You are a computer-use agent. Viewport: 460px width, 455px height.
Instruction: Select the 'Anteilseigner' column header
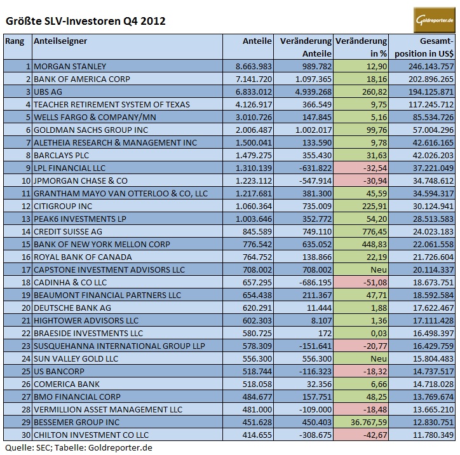click(x=60, y=41)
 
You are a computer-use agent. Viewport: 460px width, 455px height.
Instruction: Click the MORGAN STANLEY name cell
click(x=78, y=66)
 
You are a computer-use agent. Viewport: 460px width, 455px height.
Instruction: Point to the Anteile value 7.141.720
click(x=254, y=79)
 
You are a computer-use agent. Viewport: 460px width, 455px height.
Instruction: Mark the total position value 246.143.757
click(x=423, y=66)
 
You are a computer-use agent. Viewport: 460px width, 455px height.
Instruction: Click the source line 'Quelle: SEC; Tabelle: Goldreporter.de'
click(x=78, y=448)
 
